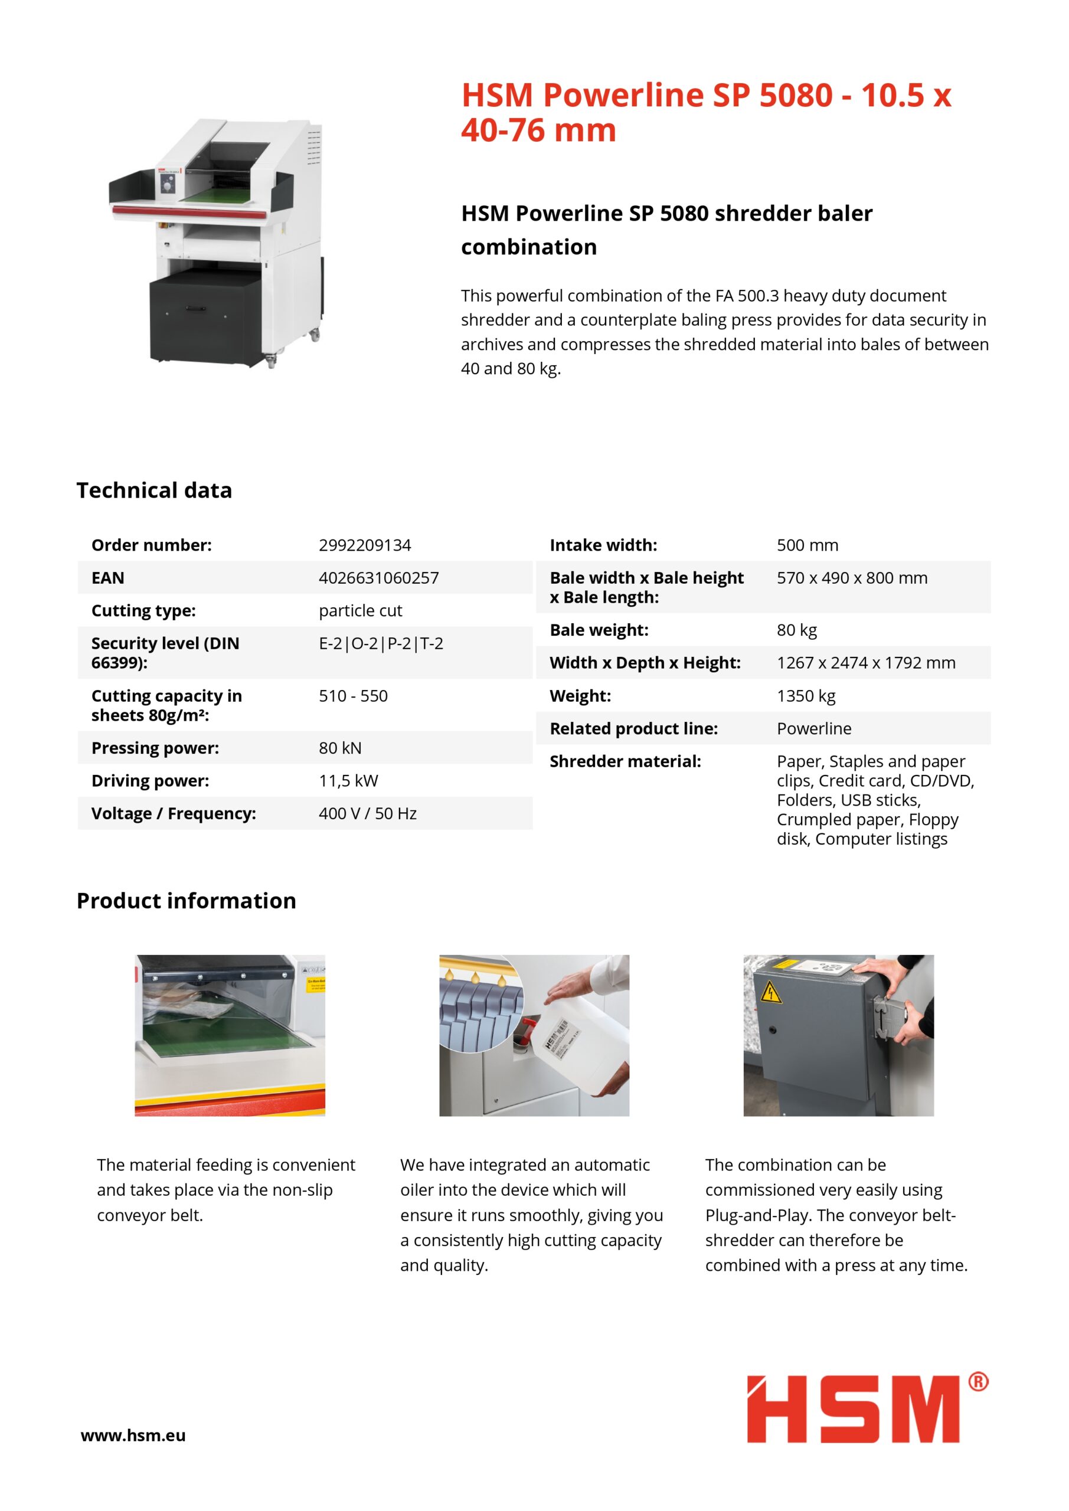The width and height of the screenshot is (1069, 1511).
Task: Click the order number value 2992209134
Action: [x=365, y=545]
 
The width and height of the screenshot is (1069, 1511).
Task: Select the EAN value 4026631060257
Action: [x=378, y=578]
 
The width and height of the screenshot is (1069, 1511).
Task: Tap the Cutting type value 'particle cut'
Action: [x=360, y=611]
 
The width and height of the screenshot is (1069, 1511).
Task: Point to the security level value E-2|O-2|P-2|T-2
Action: [x=381, y=643]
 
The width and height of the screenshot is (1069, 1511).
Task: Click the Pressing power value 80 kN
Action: [x=339, y=748]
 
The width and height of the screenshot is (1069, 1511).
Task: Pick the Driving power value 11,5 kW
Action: [x=348, y=780]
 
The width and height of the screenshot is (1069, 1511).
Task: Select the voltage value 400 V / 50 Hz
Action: [x=367, y=813]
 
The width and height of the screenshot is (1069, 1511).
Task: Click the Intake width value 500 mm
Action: [x=807, y=545]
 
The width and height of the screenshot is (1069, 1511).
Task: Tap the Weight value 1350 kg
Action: [x=806, y=696]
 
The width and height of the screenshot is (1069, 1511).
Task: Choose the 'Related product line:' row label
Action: [x=633, y=728]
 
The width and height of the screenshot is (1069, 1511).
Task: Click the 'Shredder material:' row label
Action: [x=625, y=761]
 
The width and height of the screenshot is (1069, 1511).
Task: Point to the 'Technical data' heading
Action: [x=154, y=490]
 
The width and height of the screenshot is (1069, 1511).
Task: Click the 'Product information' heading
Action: [x=187, y=900]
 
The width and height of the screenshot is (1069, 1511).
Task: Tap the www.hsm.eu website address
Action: [x=133, y=1435]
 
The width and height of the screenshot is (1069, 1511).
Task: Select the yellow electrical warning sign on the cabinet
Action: [x=771, y=992]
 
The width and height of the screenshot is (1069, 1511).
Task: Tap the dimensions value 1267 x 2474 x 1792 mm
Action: [x=865, y=663]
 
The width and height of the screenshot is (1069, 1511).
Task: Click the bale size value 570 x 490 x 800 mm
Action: [x=852, y=578]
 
